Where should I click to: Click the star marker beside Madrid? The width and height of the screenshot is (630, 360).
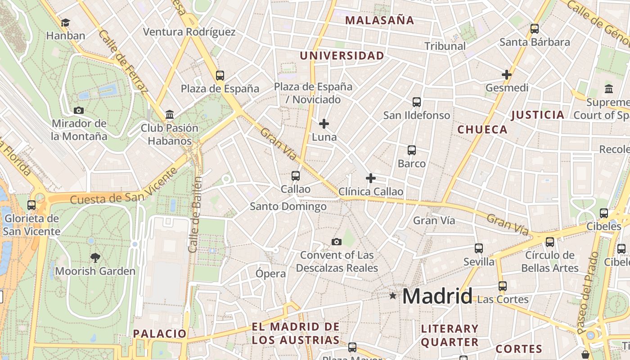[x=393, y=296]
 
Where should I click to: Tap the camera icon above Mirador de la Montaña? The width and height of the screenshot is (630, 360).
[x=79, y=110]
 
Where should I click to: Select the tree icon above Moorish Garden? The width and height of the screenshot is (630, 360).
[x=95, y=258]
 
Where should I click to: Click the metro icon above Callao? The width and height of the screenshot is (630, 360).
[x=296, y=176]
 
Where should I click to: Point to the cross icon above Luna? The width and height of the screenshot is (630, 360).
[x=324, y=123]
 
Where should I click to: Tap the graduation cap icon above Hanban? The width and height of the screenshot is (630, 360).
[x=66, y=22]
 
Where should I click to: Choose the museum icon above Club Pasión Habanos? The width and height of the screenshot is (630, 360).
[x=170, y=115]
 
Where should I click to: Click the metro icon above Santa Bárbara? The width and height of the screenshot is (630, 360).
[x=535, y=29]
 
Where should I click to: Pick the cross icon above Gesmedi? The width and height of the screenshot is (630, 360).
[x=507, y=75]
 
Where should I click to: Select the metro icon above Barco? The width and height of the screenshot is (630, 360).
[x=412, y=150]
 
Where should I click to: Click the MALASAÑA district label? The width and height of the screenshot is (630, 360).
[x=379, y=20]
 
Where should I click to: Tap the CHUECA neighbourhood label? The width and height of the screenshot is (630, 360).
[x=482, y=130]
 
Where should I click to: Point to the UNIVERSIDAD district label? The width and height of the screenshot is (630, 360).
[x=342, y=56]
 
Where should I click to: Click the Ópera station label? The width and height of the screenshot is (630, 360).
[x=270, y=274]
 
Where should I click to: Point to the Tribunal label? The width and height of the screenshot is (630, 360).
[x=445, y=46]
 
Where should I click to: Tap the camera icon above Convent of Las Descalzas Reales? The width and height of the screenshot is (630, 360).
[x=336, y=242]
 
